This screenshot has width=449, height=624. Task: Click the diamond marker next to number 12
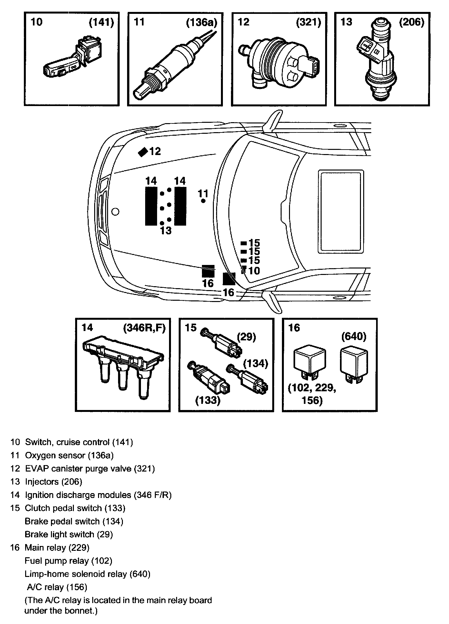[x=143, y=151]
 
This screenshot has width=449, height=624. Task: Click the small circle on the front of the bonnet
[x=115, y=212]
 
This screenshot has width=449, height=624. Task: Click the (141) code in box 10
[x=102, y=23]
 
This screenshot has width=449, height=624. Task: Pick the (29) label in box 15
[x=246, y=337]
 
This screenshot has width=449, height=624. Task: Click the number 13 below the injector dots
[x=166, y=231]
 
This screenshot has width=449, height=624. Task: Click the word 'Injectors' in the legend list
[x=42, y=482]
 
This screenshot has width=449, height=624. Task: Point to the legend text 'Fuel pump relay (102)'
[x=68, y=561]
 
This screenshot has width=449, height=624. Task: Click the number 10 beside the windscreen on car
[x=254, y=271]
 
